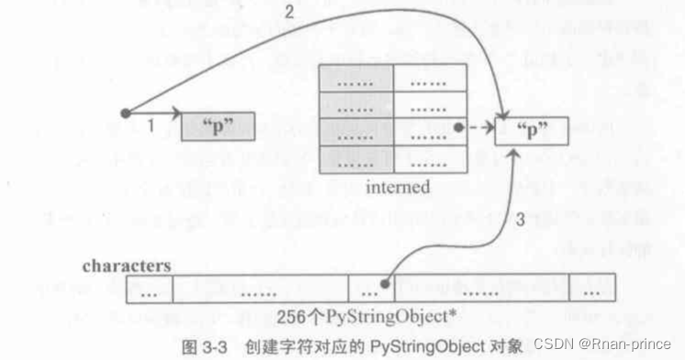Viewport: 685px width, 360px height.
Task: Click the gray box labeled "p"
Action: click(x=218, y=127)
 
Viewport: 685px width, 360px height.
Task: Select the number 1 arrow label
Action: click(x=150, y=127)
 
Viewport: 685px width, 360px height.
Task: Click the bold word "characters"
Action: click(x=127, y=265)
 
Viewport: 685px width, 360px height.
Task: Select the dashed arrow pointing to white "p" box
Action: click(x=478, y=129)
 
